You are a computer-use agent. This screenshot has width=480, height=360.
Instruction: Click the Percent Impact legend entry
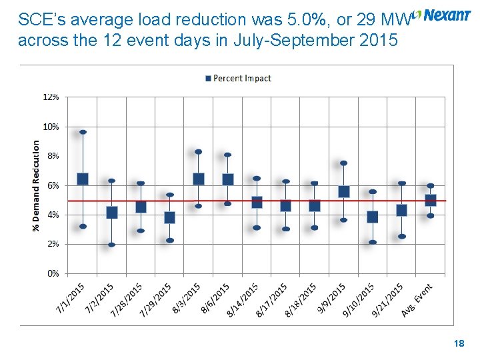238,79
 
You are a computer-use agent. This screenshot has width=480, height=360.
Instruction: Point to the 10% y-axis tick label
51,127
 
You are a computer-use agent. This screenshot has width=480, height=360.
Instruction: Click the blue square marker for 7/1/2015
83,179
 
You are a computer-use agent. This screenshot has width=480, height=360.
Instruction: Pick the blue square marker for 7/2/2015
112,213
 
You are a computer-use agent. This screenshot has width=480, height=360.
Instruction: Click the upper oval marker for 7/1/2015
83,132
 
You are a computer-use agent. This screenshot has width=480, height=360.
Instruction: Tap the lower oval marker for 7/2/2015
112,245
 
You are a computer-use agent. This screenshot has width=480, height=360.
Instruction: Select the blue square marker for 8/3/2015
199,179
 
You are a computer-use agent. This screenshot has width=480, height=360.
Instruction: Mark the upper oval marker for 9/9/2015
343,163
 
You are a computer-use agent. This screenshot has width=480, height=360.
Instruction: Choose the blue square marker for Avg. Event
431,200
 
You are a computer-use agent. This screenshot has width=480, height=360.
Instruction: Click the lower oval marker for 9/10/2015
373,242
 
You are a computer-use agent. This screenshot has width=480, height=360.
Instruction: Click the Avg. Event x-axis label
418,300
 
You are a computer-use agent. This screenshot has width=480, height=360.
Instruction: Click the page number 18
459,343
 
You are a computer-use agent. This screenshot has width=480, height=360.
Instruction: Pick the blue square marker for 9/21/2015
401,210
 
